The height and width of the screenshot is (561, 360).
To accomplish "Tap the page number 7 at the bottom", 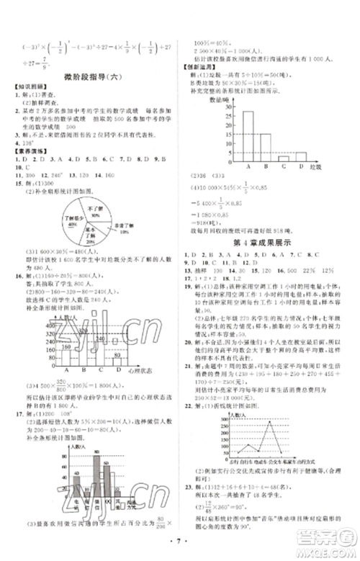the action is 179,543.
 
